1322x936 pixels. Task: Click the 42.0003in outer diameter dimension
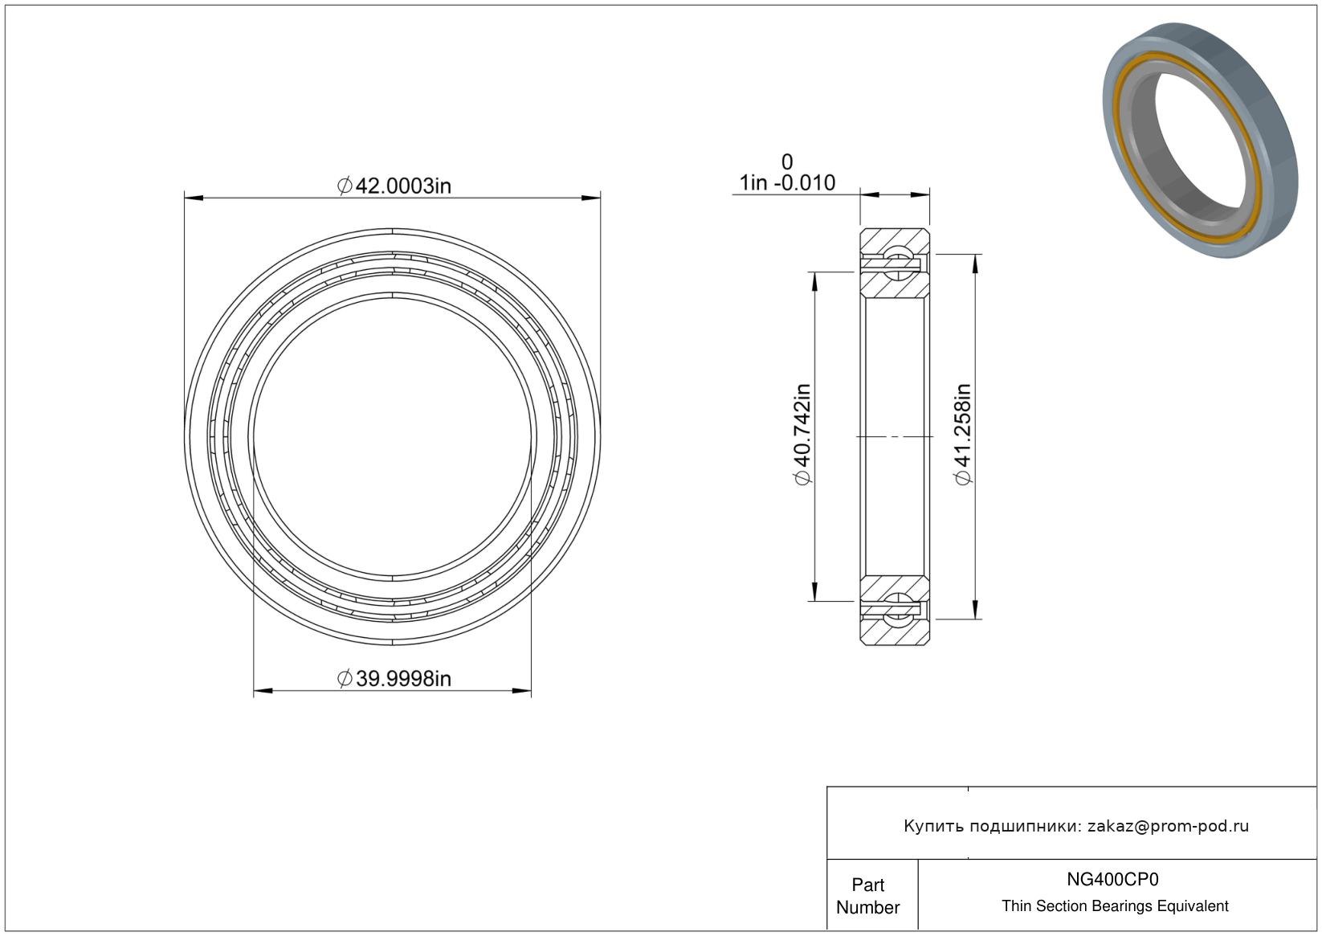[x=394, y=186]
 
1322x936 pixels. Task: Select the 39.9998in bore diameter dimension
[x=394, y=679]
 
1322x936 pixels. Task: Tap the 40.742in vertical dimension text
[x=803, y=435]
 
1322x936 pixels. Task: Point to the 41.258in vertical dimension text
[x=963, y=435]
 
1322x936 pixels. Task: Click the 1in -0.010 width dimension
[x=787, y=183]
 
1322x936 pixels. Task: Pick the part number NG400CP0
[x=1112, y=879]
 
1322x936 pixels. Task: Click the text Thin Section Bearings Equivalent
[x=1115, y=906]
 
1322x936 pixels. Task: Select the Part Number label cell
[x=868, y=896]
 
